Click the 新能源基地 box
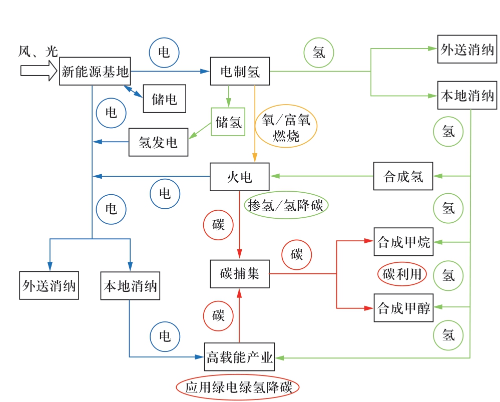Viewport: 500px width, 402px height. [95, 72]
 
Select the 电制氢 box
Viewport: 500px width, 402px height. [240, 72]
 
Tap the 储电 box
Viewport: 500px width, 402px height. [164, 99]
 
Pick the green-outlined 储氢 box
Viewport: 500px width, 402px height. [228, 122]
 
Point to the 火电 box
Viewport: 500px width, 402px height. [240, 177]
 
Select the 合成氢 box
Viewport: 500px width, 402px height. [403, 176]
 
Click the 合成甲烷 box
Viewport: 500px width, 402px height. [403, 242]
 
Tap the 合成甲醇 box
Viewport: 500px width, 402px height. [403, 308]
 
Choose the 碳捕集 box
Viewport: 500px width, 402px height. [240, 274]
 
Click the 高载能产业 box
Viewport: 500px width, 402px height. [240, 357]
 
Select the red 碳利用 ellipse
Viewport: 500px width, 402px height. [402, 274]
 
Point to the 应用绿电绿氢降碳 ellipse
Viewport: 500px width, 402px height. [238, 387]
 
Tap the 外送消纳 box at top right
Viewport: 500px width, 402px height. [467, 50]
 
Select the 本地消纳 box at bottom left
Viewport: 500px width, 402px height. [130, 286]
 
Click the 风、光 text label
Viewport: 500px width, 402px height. [38, 51]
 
